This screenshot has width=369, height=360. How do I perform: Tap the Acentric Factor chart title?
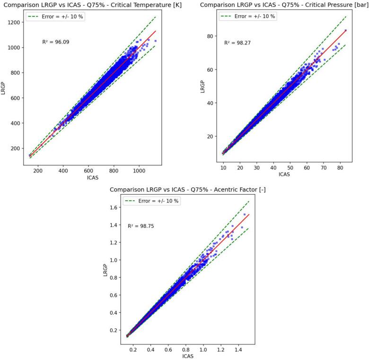pos(185,189)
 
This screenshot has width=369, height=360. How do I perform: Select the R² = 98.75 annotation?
pos(141,226)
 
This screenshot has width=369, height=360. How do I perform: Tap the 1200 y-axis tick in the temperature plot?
pos(14,22)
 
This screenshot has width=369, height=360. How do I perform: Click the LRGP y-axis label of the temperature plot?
pos(4,89)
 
